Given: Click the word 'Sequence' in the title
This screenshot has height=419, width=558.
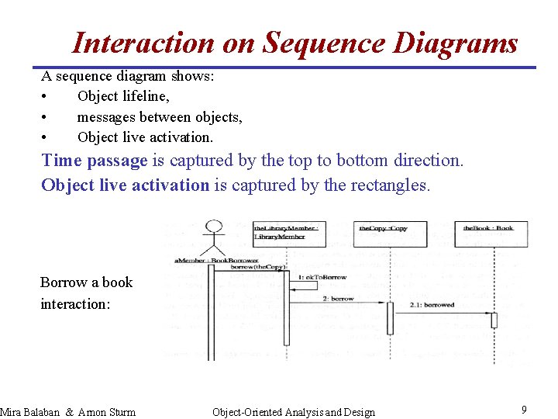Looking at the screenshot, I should pyautogui.click(x=324, y=43).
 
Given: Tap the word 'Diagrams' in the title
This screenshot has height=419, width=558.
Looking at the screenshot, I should pyautogui.click(x=455, y=43).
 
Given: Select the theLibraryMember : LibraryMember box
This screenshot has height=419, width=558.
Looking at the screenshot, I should pyautogui.click(x=286, y=232).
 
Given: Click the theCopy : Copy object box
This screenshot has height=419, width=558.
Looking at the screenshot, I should pyautogui.click(x=392, y=232).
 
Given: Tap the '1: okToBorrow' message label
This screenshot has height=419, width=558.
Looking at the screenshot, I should pyautogui.click(x=322, y=277).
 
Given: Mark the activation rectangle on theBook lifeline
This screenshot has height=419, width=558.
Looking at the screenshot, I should pyautogui.click(x=494, y=320).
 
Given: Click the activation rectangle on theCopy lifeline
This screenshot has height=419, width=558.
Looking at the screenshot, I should pyautogui.click(x=390, y=318).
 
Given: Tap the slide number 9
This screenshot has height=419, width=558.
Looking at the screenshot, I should pyautogui.click(x=524, y=409).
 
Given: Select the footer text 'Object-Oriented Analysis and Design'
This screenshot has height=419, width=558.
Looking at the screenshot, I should pyautogui.click(x=293, y=412).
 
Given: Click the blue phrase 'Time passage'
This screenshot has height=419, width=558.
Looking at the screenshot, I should pyautogui.click(x=94, y=161).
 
